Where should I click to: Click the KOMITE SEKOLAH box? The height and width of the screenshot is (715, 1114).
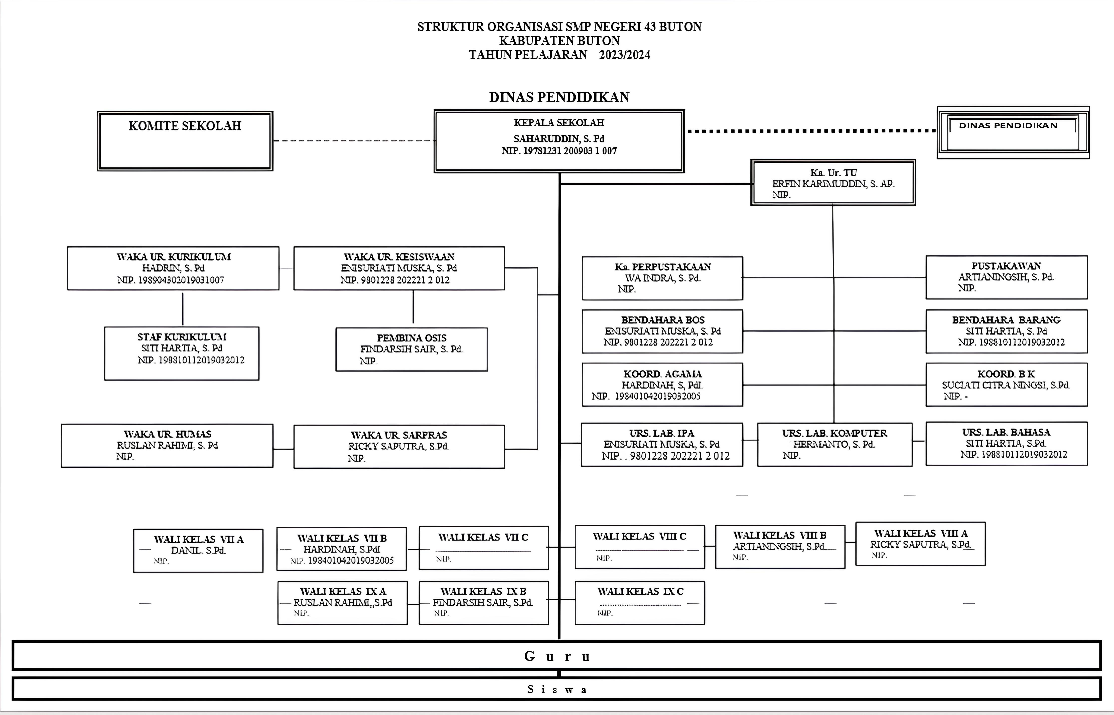(x=185, y=141)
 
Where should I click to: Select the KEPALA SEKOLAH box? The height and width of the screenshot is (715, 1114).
(x=559, y=141)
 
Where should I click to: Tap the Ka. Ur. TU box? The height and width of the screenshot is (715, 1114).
(x=832, y=183)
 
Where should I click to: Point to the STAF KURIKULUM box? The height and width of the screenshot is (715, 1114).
(x=182, y=353)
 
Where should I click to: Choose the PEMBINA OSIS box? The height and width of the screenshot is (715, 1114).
(x=411, y=349)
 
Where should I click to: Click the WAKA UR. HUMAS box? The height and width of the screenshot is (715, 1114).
(x=167, y=445)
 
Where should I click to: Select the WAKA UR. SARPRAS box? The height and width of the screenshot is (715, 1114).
(x=399, y=446)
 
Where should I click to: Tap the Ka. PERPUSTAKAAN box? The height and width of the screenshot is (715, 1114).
(x=662, y=278)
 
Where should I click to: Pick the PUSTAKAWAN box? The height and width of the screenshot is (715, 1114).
(x=1006, y=277)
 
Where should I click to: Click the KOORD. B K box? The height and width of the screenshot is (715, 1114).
(x=1006, y=385)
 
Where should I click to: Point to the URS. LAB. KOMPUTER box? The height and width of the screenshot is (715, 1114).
(x=834, y=444)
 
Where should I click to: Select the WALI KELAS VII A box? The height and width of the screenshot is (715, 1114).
(x=198, y=550)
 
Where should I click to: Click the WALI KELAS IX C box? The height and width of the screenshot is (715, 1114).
(x=640, y=603)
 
